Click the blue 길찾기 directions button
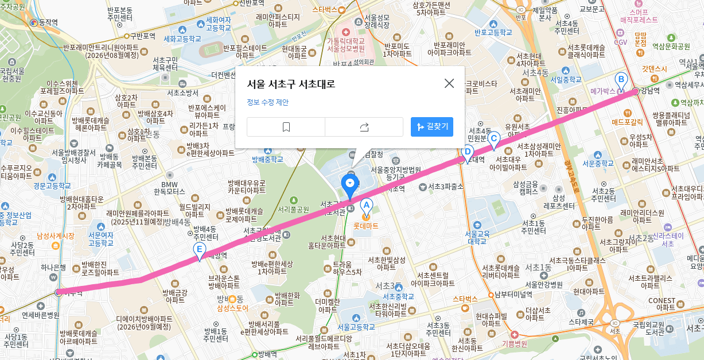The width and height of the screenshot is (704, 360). pyautogui.click(x=432, y=127)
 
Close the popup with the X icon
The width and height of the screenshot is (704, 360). pyautogui.click(x=449, y=83)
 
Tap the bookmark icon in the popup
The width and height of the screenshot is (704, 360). pyautogui.click(x=286, y=127)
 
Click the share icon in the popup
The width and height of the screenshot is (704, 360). pyautogui.click(x=364, y=127)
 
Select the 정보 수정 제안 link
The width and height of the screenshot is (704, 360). pyautogui.click(x=267, y=102)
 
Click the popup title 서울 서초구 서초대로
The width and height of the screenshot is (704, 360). pyautogui.click(x=291, y=84)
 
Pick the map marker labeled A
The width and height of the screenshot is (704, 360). pyautogui.click(x=366, y=206)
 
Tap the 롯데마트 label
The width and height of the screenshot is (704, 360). pyautogui.click(x=365, y=226)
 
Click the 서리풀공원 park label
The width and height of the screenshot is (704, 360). pyautogui.click(x=293, y=209)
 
